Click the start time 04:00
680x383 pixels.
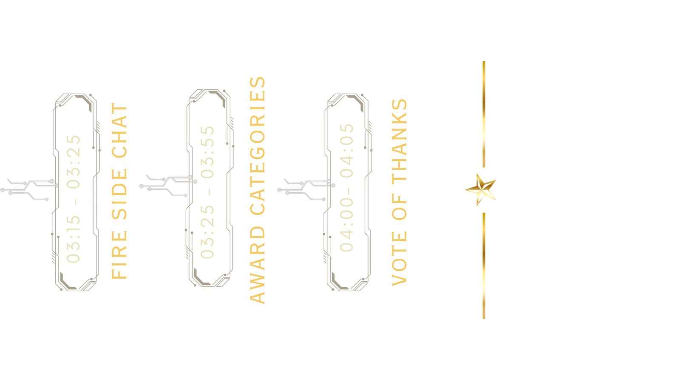346,227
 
